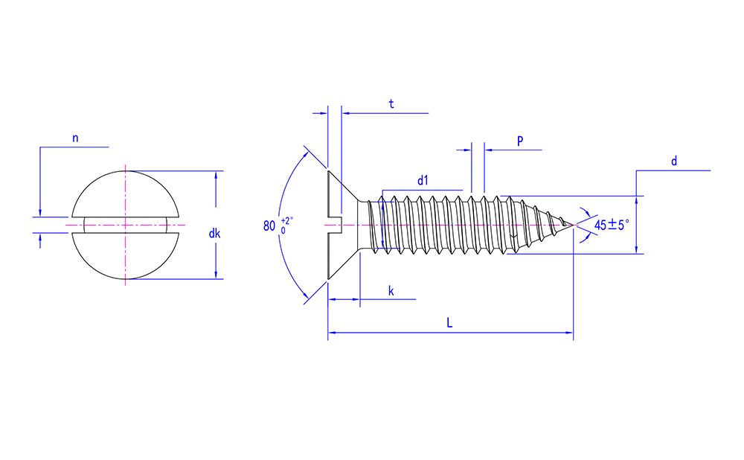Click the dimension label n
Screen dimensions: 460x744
75,138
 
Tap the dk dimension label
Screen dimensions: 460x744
215,234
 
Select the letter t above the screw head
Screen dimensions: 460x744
391,104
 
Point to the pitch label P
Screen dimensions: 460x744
520,141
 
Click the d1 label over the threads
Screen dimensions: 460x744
423,180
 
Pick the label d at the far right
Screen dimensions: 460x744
673,161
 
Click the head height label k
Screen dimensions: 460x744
391,290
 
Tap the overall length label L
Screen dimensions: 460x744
449,322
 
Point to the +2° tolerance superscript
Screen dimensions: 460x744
287,220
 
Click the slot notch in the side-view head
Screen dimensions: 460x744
334,224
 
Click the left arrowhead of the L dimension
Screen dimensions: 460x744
332,333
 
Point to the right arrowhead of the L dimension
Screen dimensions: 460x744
569,333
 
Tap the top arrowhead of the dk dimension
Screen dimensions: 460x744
216,176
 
